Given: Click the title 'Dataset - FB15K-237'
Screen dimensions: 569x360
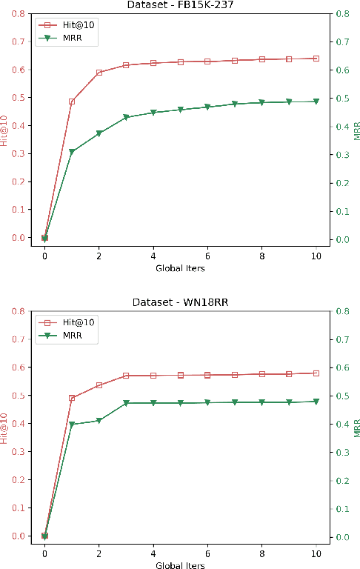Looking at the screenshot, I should coord(180,5).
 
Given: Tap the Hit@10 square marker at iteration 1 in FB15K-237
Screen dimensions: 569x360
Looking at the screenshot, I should coord(72,102).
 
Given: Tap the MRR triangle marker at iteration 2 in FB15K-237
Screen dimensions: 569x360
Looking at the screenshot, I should coord(99,134).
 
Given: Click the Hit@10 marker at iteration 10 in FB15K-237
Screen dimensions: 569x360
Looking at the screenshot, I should coord(316,58).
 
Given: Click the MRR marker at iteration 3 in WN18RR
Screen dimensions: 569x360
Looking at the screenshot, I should coord(126,403).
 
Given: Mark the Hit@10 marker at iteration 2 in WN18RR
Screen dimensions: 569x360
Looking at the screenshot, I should coord(99,385).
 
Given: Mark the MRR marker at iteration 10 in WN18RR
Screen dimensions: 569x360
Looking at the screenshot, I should coord(316,402).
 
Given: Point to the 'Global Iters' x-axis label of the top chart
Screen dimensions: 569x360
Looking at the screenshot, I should coord(180,268).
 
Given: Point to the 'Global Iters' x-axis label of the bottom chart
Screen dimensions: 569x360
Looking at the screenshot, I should coord(180,565).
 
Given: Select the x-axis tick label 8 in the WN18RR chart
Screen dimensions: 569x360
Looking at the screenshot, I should coord(261,553).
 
